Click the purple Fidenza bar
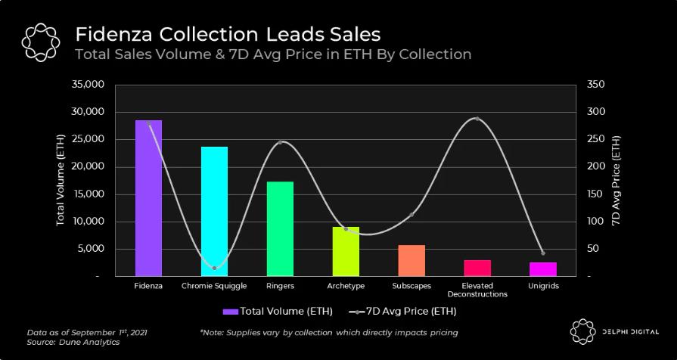(x=148, y=198)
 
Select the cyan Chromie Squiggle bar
(x=214, y=211)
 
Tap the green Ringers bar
(x=280, y=228)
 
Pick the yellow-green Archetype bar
(x=346, y=251)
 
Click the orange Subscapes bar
(x=411, y=260)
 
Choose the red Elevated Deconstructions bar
(x=477, y=268)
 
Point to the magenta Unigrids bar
(x=543, y=268)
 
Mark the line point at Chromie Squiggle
(x=214, y=268)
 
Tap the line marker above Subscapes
(x=411, y=215)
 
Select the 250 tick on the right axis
(x=595, y=139)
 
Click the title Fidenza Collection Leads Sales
(x=227, y=34)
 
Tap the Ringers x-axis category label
(x=280, y=287)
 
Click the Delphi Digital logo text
(x=628, y=330)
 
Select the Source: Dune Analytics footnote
(x=63, y=343)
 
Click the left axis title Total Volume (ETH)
(x=60, y=181)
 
